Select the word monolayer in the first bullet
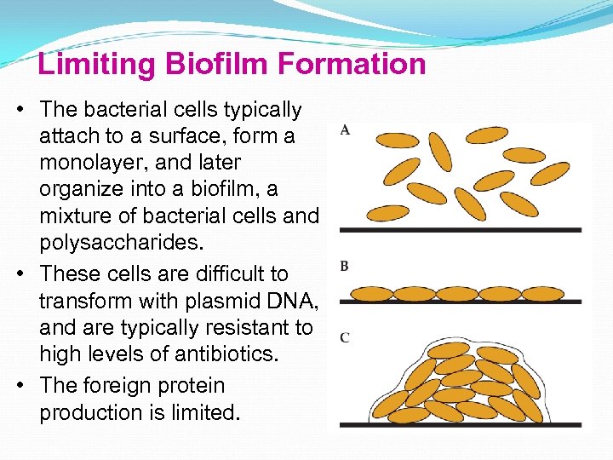click(x=91, y=163)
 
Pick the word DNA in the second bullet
click(x=284, y=301)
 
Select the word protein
click(x=190, y=385)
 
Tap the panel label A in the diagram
click(x=345, y=129)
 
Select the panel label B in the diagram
click(x=344, y=266)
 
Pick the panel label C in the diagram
click(x=344, y=338)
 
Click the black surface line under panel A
click(x=460, y=230)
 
